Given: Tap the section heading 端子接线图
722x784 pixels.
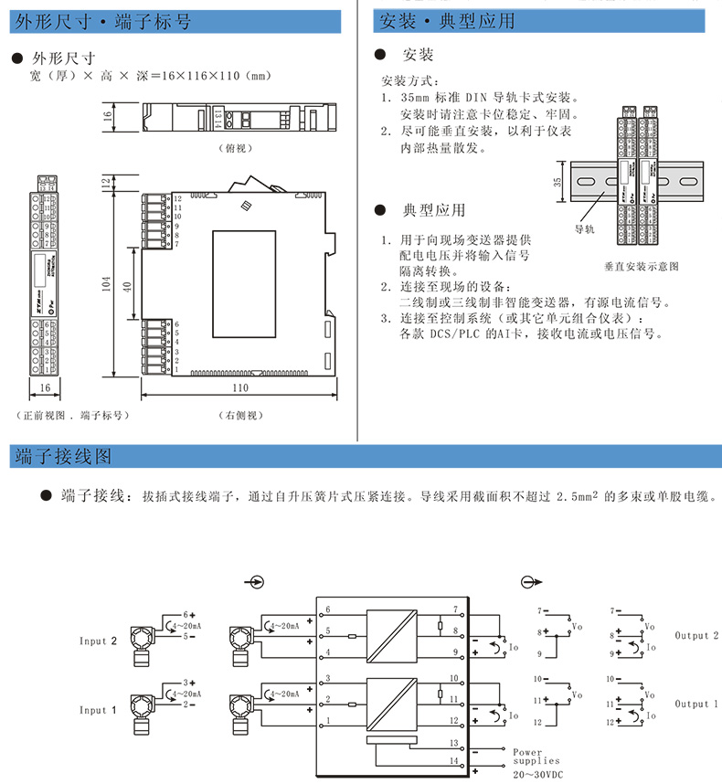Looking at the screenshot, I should click(63, 454).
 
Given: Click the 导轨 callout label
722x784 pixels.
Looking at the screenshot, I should click(584, 229).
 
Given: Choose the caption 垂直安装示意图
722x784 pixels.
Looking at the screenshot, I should click(642, 266).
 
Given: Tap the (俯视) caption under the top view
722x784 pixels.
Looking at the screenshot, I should click(236, 147).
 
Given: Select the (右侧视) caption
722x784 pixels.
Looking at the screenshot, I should click(240, 415).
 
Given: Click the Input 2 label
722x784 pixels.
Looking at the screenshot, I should click(99, 641).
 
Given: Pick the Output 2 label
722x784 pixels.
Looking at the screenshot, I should click(697, 635).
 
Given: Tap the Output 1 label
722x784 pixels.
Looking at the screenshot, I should click(697, 705).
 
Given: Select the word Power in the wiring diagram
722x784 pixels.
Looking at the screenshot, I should click(527, 752).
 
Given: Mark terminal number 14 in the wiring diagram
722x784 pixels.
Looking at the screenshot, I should click(454, 760).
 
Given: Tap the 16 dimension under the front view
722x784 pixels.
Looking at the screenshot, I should click(44, 387).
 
